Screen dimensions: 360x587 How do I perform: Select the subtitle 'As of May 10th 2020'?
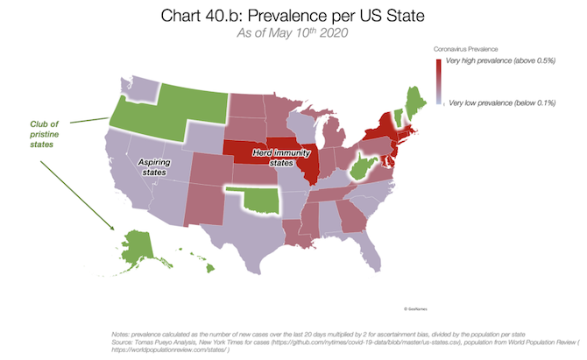tap(293, 33)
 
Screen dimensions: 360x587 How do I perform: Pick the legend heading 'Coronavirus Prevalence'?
tap(475, 50)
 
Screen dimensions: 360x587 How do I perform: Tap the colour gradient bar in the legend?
tap(440, 84)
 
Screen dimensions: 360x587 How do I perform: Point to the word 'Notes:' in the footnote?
tap(121, 334)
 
